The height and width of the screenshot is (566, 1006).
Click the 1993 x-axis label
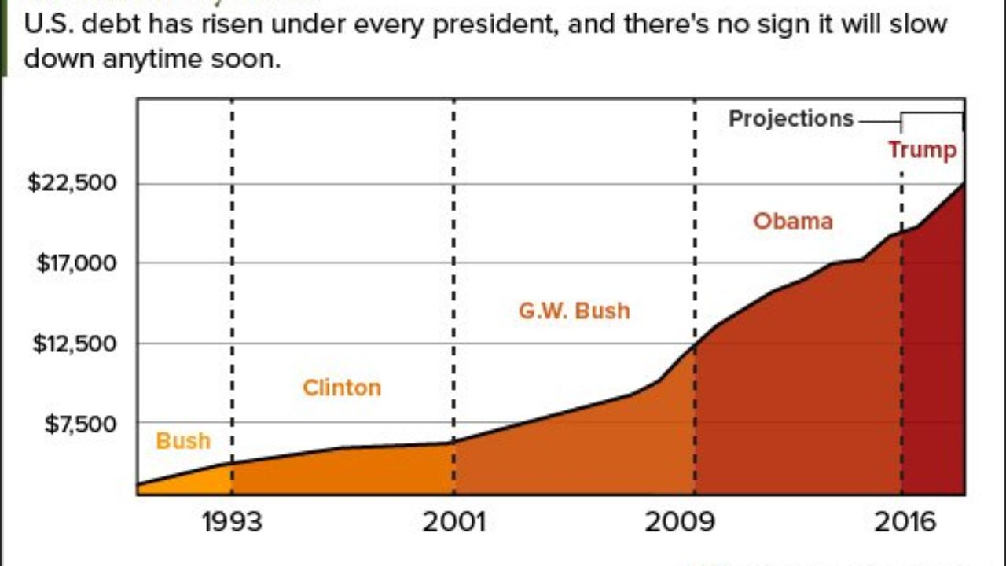pyautogui.click(x=232, y=522)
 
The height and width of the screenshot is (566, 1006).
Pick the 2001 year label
pyautogui.click(x=454, y=522)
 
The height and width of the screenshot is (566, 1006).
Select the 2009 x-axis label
pyautogui.click(x=680, y=522)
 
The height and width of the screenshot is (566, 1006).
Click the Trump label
pyautogui.click(x=923, y=149)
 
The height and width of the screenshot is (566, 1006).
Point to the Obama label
pyautogui.click(x=793, y=221)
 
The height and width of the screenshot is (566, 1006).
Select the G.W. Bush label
pyautogui.click(x=575, y=311)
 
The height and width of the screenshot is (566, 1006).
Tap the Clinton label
pyautogui.click(x=342, y=388)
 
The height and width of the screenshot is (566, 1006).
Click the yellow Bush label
pyautogui.click(x=183, y=441)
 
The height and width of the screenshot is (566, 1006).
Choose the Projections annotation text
pyautogui.click(x=791, y=119)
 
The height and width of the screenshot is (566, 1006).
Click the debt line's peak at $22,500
pyautogui.click(x=964, y=184)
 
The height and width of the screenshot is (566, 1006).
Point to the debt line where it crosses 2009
pyautogui.click(x=695, y=344)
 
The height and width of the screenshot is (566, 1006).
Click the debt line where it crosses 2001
pyautogui.click(x=454, y=442)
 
